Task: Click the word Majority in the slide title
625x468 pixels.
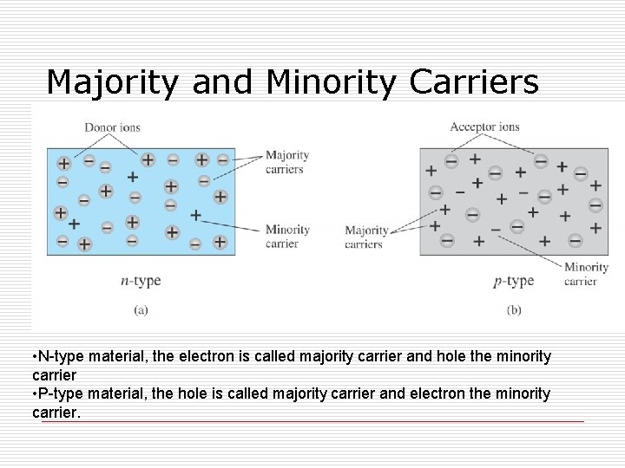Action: (x=114, y=81)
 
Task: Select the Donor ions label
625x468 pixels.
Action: (x=112, y=128)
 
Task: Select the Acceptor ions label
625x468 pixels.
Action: (x=484, y=127)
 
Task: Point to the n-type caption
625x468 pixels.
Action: (x=141, y=281)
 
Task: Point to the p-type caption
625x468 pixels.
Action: (x=514, y=281)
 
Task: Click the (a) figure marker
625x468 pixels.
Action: (x=141, y=309)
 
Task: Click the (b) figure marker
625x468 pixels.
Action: (x=514, y=309)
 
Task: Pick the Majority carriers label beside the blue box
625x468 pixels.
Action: (x=286, y=162)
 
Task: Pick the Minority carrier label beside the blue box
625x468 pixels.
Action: (x=287, y=237)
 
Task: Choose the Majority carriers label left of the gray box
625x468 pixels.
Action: (x=366, y=237)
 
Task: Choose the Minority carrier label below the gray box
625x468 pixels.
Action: (x=586, y=274)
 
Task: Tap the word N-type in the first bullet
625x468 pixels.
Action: (x=60, y=357)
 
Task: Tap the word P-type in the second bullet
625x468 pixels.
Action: (x=60, y=393)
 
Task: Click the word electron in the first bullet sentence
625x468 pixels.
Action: (x=212, y=357)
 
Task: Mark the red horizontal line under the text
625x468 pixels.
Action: (x=312, y=421)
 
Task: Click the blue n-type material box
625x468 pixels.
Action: (x=143, y=201)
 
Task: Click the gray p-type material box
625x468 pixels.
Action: (x=512, y=201)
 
